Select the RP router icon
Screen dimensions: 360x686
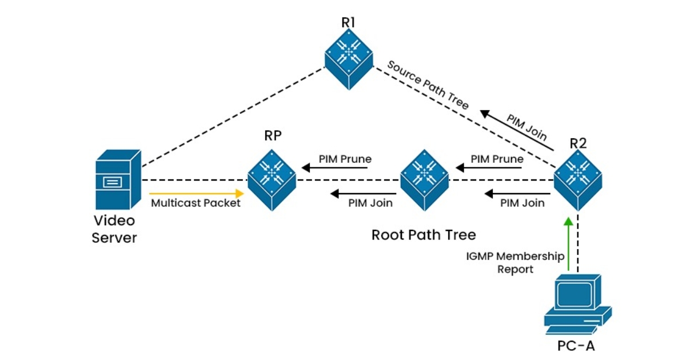click(x=272, y=174)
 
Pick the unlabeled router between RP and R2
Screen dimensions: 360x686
click(x=424, y=175)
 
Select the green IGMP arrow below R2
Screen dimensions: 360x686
click(x=568, y=243)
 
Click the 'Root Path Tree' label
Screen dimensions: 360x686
click(x=424, y=235)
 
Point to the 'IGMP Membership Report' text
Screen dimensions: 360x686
click(x=515, y=262)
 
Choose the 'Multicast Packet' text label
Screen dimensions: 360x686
click(x=196, y=203)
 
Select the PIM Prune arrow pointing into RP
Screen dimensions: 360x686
click(x=337, y=168)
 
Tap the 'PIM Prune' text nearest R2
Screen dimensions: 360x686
click(x=497, y=159)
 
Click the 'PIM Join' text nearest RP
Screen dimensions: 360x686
click(x=370, y=203)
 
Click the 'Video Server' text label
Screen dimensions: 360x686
click(x=114, y=229)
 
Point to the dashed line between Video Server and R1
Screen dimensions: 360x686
click(x=232, y=117)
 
